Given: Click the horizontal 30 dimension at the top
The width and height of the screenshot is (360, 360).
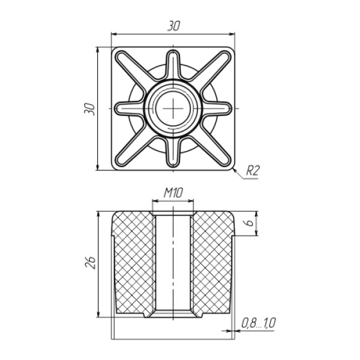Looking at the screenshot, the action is coord(173,26).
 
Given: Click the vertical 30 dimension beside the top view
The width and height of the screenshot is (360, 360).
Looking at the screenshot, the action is coord(89,109).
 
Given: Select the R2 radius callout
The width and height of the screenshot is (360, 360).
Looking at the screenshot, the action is coord(253,170).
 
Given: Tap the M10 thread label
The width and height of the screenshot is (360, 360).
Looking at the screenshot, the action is coord(173,193).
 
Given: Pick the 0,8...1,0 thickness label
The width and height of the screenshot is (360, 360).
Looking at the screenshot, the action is coord(258,323).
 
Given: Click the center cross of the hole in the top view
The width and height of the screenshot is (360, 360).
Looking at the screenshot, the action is coord(173,109).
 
